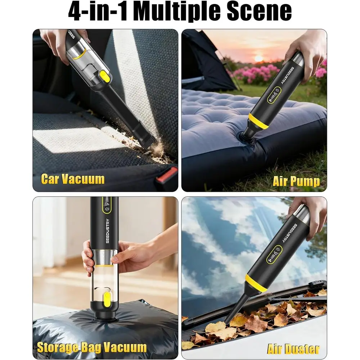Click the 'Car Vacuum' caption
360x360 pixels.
coord(72,179)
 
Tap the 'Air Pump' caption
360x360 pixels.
coord(296,181)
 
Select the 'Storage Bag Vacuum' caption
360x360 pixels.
coord(92,347)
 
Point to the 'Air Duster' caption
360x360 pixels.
coord(293,349)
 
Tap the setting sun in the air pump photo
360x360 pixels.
coord(258,58)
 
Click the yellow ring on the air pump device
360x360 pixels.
coord(258,121)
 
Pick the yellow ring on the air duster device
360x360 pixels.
coord(256,283)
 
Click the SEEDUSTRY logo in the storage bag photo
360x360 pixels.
coord(108,230)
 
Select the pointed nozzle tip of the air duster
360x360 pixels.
coord(227,319)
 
